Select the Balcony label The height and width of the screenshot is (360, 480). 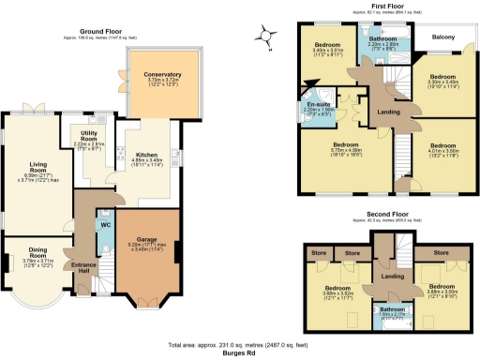[444, 37]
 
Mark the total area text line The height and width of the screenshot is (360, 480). [240, 345]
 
